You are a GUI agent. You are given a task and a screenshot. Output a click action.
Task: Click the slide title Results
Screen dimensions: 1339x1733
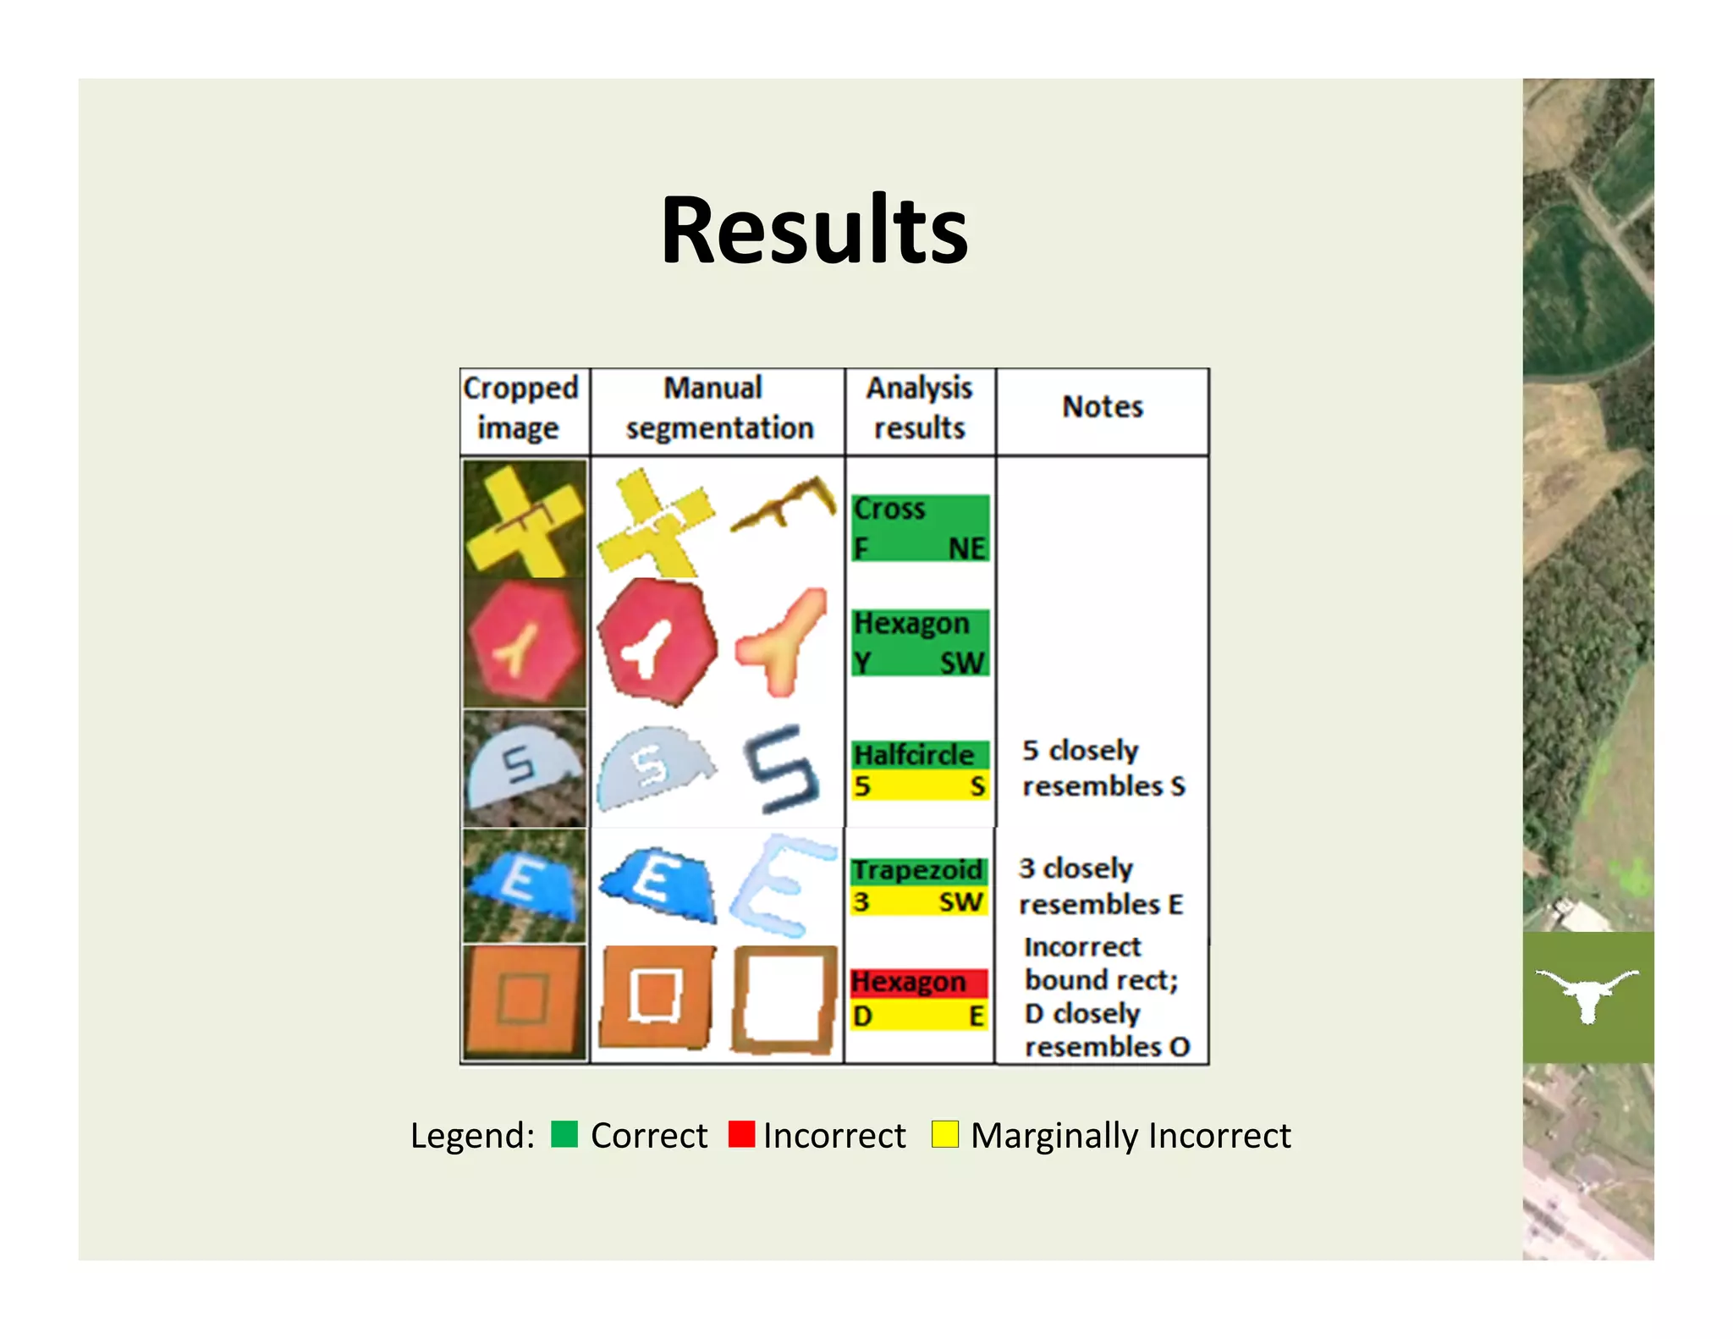point(813,230)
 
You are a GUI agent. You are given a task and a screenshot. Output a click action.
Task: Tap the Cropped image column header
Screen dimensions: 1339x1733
point(520,408)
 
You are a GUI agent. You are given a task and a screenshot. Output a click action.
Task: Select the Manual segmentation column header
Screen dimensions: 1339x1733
point(718,408)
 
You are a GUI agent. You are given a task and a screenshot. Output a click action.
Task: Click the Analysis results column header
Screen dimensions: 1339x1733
point(919,408)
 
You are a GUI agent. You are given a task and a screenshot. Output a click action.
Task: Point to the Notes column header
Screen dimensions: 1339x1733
point(1102,407)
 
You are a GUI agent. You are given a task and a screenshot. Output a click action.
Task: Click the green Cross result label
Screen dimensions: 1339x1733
point(890,510)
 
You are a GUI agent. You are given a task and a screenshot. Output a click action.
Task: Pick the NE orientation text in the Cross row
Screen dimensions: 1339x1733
point(966,548)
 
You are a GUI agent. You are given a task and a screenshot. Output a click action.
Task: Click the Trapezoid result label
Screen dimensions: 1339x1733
point(917,870)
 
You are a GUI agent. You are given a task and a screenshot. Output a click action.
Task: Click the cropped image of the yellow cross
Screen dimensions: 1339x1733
point(525,519)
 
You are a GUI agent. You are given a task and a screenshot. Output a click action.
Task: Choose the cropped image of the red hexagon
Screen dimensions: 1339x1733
point(525,643)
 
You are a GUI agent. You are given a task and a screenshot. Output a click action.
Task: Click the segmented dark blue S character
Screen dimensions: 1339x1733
point(780,769)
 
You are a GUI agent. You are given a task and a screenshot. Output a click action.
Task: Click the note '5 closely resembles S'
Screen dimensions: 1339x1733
point(1102,768)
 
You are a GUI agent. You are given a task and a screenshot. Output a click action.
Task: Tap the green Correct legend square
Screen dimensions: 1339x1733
point(564,1134)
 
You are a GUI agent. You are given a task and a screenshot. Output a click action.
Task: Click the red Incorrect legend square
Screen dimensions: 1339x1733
point(741,1134)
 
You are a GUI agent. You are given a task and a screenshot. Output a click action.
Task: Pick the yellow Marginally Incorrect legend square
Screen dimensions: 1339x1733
point(944,1134)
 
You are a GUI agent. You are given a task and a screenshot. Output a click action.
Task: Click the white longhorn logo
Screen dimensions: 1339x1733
point(1587,995)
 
